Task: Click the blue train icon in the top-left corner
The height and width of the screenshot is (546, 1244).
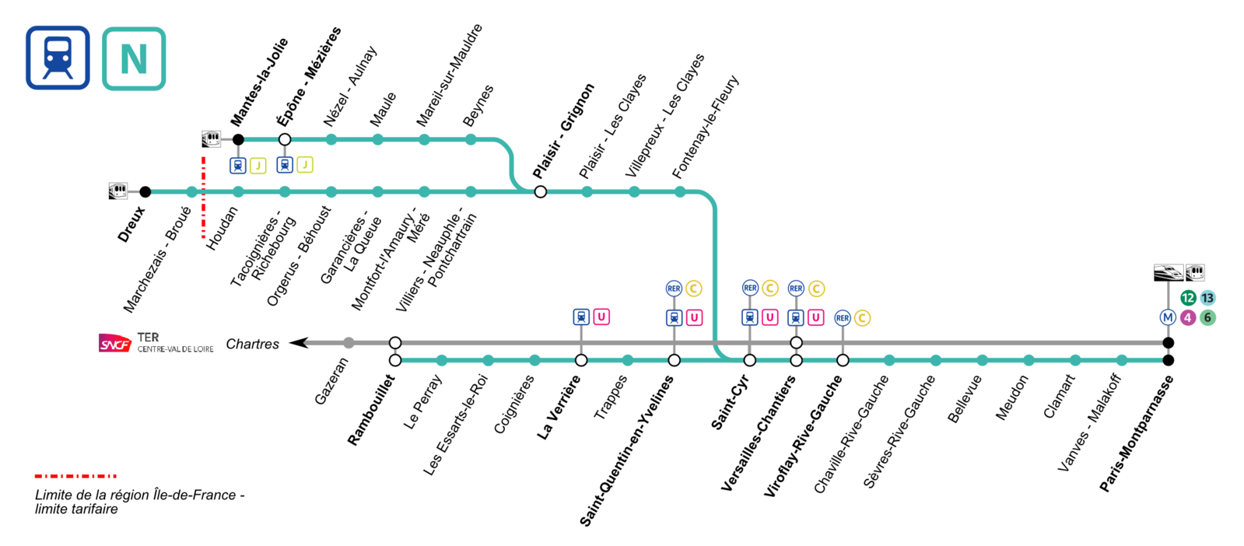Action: (x=58, y=58)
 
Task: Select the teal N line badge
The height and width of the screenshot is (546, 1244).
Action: (x=134, y=59)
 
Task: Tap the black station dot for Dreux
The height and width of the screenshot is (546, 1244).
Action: (x=145, y=192)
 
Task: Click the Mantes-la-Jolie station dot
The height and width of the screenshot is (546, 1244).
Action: (x=238, y=140)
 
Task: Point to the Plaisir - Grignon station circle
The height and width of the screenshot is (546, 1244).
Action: (x=541, y=192)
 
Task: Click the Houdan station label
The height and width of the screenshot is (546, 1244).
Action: (x=223, y=228)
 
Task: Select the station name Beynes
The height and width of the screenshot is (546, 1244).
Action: (x=478, y=106)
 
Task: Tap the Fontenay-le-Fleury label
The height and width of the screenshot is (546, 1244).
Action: (x=705, y=127)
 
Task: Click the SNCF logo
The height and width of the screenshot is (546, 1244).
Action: (x=114, y=344)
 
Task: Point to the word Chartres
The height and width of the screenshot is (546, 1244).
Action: (x=252, y=344)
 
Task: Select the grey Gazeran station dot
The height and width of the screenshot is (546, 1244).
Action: (x=349, y=343)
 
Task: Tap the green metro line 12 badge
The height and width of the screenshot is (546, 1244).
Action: (x=1188, y=298)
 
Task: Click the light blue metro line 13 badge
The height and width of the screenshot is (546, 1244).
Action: (x=1207, y=298)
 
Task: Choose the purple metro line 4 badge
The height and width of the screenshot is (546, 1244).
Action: (x=1188, y=317)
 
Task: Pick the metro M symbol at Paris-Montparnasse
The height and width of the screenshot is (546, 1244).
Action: (x=1168, y=317)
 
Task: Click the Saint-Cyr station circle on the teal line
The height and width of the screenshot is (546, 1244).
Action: (x=750, y=360)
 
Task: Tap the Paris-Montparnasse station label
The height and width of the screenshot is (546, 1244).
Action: (x=1137, y=433)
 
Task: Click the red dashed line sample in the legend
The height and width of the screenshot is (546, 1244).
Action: (x=75, y=476)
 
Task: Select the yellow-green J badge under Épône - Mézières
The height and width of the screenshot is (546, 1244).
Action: (x=305, y=165)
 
